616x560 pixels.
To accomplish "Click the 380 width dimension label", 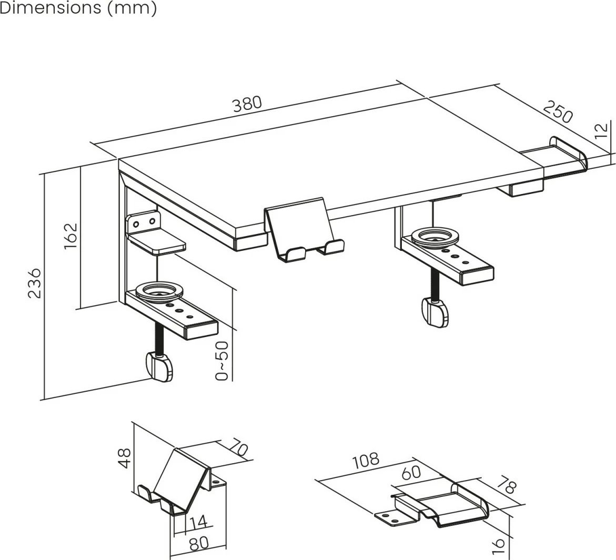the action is tap(247, 104).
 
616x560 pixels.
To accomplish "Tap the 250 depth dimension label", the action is tap(558, 111).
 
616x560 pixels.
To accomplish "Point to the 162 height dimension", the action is tap(70, 236).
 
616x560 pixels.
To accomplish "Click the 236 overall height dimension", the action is tap(35, 283).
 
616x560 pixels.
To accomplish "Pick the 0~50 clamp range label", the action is tap(222, 361).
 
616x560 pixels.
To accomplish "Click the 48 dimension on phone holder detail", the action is tap(124, 459).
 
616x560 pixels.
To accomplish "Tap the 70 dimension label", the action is tap(238, 447).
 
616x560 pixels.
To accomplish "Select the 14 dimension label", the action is tap(198, 522).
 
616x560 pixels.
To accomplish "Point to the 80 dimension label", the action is tap(199, 544).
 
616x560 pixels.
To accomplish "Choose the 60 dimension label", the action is tap(411, 472).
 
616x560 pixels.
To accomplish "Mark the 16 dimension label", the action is tap(497, 546).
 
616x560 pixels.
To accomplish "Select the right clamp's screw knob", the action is tap(435, 312).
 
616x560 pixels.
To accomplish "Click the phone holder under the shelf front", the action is tap(304, 230).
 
